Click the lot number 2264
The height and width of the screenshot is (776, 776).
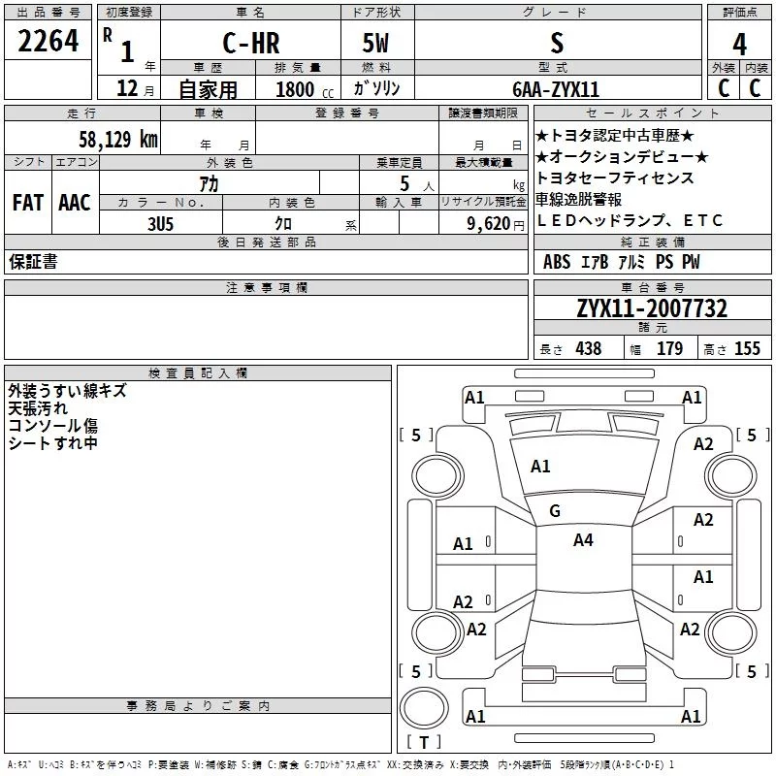pos(48,41)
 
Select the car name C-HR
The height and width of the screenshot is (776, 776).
pos(251,43)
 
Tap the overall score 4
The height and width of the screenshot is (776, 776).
pos(739,45)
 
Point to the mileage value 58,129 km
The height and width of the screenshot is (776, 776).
pos(118,139)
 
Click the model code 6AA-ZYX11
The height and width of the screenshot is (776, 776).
pos(556,89)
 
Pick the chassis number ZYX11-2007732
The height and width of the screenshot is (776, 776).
pos(652,308)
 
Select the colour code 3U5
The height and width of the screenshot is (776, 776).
pos(160,224)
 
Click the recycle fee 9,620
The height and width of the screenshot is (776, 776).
pos(489,224)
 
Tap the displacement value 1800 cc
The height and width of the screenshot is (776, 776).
pos(305,89)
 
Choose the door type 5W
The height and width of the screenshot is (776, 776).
pos(375,43)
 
